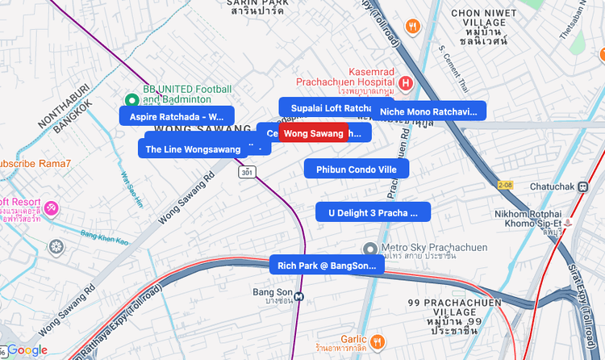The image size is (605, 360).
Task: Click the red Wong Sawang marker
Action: click(x=314, y=133)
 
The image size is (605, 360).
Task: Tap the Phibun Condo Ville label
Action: click(x=356, y=169)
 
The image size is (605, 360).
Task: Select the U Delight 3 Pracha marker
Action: click(x=373, y=212)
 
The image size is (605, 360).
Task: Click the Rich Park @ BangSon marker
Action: click(x=326, y=265)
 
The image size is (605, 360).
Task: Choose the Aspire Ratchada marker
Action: click(x=176, y=116)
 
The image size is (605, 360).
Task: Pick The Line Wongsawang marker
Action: click(x=193, y=149)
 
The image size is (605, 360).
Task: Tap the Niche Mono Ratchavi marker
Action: click(x=428, y=111)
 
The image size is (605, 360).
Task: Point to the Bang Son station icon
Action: click(x=299, y=295)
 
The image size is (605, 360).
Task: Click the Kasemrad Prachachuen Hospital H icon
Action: click(x=406, y=82)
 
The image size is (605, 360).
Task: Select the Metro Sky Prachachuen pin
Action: click(x=369, y=248)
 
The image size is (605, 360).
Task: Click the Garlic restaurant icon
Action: click(x=377, y=340)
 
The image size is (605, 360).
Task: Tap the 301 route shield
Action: click(x=247, y=172)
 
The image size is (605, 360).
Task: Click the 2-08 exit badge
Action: click(x=505, y=185)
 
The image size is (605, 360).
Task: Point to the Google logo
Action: click(x=27, y=350)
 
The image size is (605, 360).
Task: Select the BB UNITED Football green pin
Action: click(x=131, y=100)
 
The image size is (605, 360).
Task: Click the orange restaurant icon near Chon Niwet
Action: click(x=414, y=26)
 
